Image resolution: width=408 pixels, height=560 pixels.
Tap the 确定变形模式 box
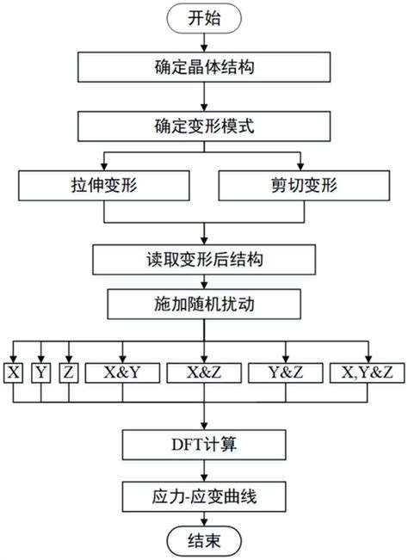tap(202, 127)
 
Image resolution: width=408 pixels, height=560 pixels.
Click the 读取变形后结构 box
tap(202, 257)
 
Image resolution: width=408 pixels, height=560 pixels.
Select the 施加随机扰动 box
tap(202, 302)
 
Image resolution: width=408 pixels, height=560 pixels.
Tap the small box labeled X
tap(15, 372)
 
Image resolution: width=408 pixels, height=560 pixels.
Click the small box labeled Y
tap(41, 372)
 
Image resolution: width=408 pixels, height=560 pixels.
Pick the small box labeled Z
tap(70, 372)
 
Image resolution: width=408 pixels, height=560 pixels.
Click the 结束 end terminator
tap(202, 543)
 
